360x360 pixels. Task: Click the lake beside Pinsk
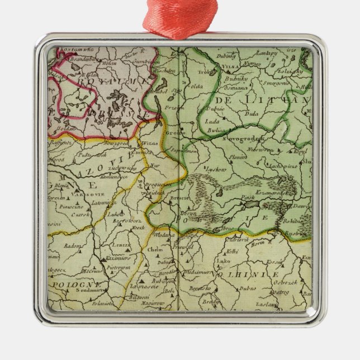tap(251, 205)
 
